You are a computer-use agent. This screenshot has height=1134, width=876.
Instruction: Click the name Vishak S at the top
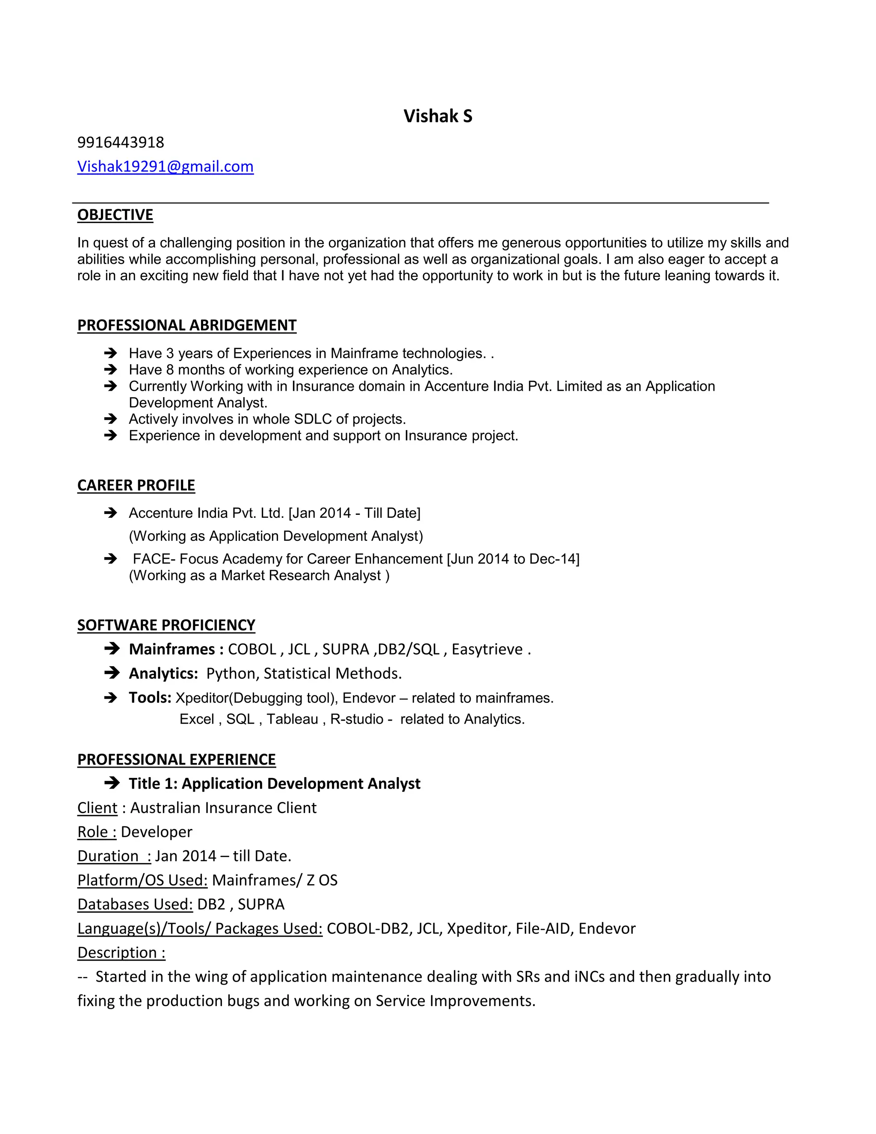coord(438,116)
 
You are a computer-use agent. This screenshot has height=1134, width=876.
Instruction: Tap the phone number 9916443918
coord(120,142)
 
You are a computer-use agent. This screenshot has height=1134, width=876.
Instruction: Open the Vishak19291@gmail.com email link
coord(165,166)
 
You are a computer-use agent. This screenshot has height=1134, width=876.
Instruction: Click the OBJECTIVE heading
coord(115,214)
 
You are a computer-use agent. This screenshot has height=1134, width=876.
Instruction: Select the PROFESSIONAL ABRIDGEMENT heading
coord(187,325)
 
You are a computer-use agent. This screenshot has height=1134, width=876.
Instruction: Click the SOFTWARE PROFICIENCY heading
coord(166,625)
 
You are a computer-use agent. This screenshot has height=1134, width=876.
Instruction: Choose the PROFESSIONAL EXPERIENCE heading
coord(177,759)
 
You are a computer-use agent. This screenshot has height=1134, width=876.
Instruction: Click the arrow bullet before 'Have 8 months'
coord(110,370)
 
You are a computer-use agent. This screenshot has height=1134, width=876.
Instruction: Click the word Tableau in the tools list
coord(292,719)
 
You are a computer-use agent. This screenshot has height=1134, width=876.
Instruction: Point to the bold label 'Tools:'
coord(150,698)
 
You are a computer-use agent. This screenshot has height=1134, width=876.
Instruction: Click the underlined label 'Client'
coord(98,808)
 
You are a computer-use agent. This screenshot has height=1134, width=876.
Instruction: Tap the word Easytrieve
coord(487,649)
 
